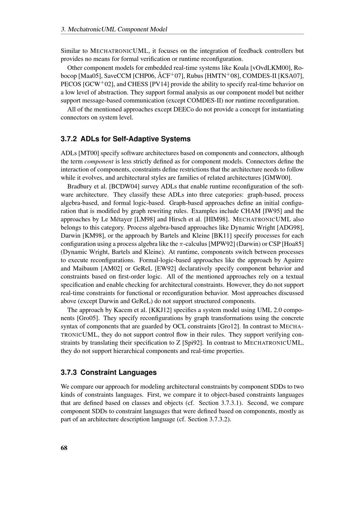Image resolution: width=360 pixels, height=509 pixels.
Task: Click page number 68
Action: point(64,448)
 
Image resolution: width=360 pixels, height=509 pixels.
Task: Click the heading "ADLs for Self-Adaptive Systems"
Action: point(135,139)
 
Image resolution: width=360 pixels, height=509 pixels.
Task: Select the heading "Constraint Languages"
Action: point(118,372)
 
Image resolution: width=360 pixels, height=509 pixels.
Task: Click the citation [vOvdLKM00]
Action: point(273,68)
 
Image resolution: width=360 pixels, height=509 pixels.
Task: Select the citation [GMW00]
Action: point(277,177)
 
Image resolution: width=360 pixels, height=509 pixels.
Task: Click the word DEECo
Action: point(184,109)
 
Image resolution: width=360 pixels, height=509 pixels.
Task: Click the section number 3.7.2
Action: point(69,139)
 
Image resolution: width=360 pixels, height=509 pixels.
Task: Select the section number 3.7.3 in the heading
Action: point(69,372)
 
